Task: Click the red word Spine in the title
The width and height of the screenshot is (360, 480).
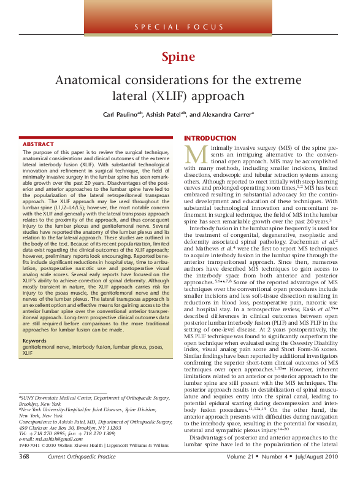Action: click(178, 58)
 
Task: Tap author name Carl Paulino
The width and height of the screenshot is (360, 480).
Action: click(121, 115)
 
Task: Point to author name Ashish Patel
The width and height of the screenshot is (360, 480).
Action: click(167, 115)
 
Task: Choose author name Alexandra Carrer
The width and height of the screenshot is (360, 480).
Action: click(229, 115)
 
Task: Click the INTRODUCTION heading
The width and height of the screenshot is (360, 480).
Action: click(210, 138)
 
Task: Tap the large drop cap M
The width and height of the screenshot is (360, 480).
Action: click(195, 155)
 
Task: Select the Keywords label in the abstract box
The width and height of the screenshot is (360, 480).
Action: click(35, 341)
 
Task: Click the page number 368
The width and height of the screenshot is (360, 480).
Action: click(24, 474)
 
